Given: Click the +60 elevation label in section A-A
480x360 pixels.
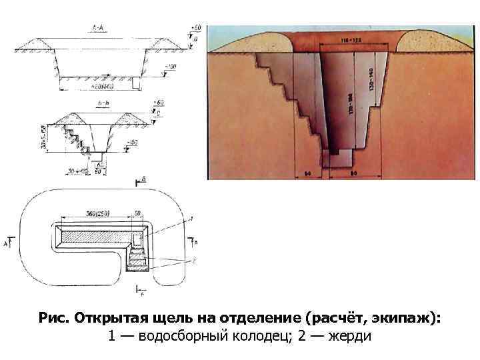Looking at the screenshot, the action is coord(195,27).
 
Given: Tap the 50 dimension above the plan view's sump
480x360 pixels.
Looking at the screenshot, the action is coord(137,213).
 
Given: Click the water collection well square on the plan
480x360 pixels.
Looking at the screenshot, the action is coord(137,239).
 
